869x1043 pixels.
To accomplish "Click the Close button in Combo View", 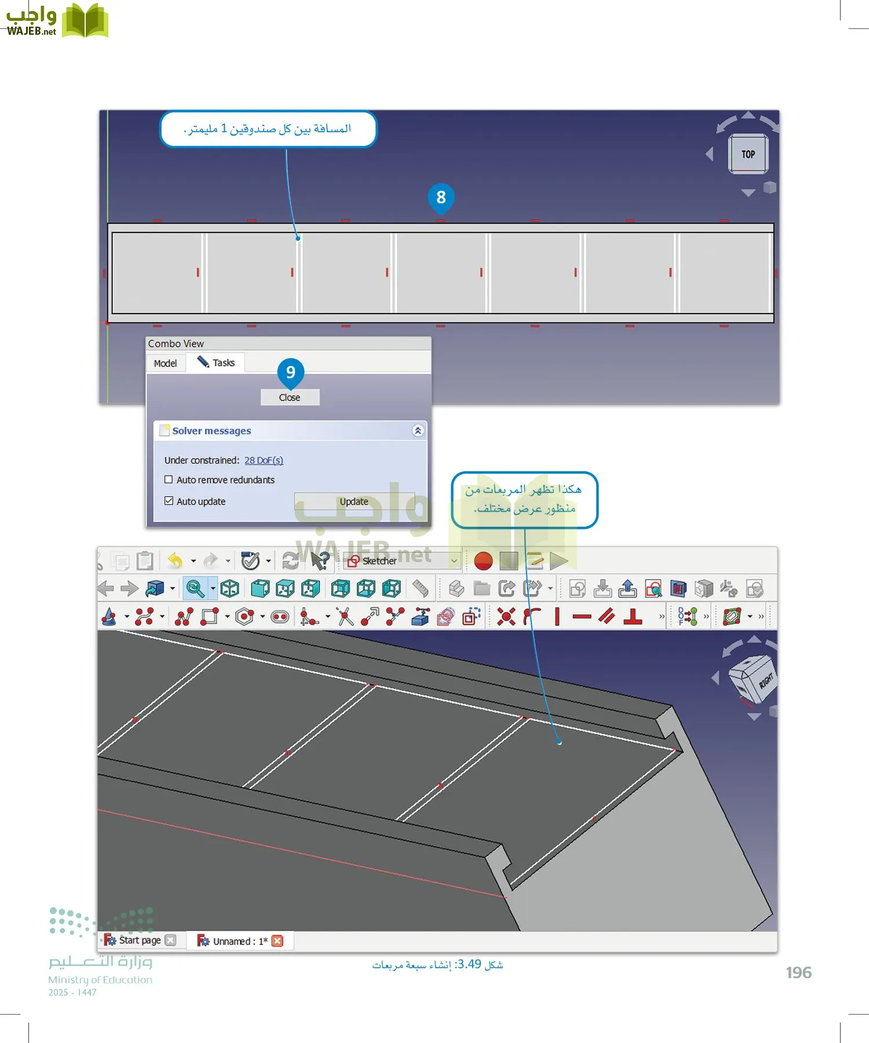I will tap(290, 397).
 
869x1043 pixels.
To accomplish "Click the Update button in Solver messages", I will tap(354, 501).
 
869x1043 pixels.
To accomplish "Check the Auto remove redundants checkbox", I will tap(169, 480).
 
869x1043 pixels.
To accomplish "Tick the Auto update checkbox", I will tap(169, 501).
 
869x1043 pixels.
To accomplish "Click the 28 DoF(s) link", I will tap(264, 460).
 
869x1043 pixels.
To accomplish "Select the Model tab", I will tap(166, 363).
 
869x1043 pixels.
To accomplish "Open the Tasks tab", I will tap(217, 363).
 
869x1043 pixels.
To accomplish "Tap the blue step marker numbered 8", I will tap(441, 198).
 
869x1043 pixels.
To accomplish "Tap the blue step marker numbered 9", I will tap(291, 372).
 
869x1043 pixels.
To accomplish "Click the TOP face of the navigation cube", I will tap(748, 154).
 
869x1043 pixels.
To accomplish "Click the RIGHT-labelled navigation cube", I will tap(753, 679).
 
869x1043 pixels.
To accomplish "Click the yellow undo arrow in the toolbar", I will tap(175, 560).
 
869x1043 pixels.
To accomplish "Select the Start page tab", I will tap(139, 940).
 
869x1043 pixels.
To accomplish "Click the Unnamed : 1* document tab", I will tap(239, 941).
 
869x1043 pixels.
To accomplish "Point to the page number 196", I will tap(798, 973).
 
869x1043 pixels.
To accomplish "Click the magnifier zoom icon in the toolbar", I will tap(195, 589).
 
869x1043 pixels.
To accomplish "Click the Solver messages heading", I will tap(211, 431).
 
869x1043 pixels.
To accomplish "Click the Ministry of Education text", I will tap(100, 980).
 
